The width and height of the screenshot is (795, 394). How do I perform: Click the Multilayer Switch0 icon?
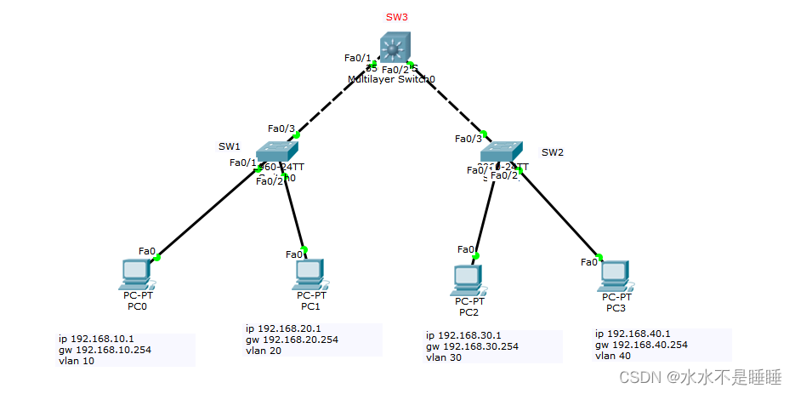[394, 47]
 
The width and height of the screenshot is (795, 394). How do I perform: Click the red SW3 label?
[397, 17]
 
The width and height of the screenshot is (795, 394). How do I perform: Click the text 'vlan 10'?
[77, 361]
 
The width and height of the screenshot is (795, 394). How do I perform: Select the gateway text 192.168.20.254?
[292, 340]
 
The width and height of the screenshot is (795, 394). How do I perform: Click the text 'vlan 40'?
[613, 356]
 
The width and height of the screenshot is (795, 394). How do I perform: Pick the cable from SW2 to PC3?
[558, 214]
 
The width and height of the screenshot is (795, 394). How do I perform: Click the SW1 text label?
[230, 146]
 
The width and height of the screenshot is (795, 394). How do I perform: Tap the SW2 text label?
[553, 152]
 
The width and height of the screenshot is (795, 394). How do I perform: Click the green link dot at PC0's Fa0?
[157, 257]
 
